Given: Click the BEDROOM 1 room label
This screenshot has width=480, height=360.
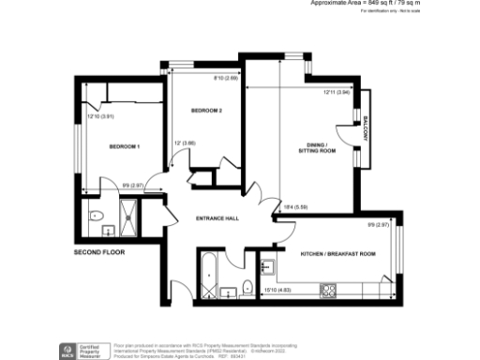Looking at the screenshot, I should [x=124, y=147].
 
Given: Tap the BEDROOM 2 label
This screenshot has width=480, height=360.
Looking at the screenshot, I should [x=206, y=111].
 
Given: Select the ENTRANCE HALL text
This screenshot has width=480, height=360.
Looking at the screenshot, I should [x=217, y=218].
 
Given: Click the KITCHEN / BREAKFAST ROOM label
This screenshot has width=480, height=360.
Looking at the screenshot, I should [x=337, y=254].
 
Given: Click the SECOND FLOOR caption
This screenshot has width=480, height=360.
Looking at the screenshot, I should [x=98, y=252].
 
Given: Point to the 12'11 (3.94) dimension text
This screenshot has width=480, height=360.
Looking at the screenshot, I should [x=337, y=92].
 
